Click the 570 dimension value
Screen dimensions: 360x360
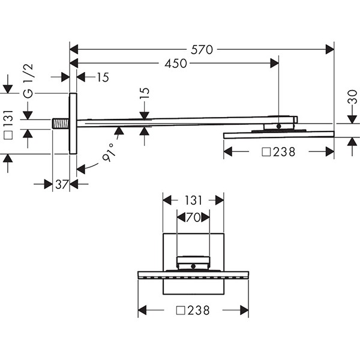pos(202,50)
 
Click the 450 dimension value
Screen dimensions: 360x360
pos(176,64)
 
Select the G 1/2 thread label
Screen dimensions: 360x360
pos(28,81)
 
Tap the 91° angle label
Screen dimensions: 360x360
pos(109,152)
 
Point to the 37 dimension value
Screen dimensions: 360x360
pos(62,184)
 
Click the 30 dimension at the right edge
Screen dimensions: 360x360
pos(352,97)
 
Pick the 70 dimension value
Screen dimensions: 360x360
pos(193,217)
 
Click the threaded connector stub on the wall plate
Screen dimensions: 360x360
pos(61,124)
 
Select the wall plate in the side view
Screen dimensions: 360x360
pos(73,124)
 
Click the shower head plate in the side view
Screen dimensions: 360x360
pos(279,135)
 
